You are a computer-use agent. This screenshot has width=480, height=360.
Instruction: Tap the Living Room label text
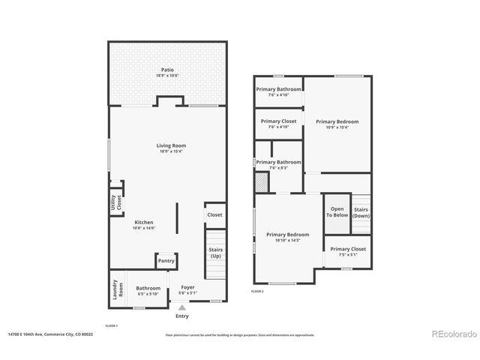tap(172, 145)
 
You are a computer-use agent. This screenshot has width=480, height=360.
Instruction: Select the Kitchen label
tap(144, 223)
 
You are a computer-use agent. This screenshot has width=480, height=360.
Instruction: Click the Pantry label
tap(166, 261)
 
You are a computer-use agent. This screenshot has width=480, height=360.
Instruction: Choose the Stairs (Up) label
tap(214, 253)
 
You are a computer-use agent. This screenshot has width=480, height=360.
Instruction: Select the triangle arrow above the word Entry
tap(182, 307)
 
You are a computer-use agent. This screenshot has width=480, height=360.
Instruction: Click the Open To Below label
tap(337, 212)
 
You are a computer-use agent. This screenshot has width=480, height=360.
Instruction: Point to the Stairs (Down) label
tap(361, 212)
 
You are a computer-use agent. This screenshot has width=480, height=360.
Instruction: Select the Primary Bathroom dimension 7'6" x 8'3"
tap(277, 168)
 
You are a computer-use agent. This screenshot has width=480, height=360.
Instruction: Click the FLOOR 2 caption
tap(257, 291)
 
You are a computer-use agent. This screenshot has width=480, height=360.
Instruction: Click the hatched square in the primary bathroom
tap(261, 182)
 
